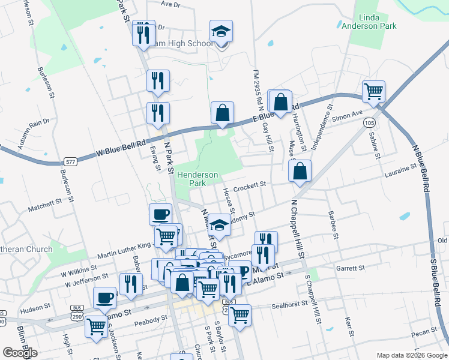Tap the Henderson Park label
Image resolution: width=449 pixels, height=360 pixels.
[x=197, y=178]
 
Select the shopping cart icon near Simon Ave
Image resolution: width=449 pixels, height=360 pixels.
[x=373, y=92]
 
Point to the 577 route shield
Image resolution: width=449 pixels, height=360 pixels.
[x=71, y=161]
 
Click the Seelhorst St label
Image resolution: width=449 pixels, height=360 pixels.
[x=289, y=304]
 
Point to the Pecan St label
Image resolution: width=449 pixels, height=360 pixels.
[x=424, y=331]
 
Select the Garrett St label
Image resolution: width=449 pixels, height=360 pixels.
[x=351, y=268]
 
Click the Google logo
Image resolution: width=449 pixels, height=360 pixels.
[x=20, y=353]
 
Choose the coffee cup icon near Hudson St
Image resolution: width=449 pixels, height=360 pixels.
[x=105, y=298]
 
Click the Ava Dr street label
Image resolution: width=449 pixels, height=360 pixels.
[x=170, y=4]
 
